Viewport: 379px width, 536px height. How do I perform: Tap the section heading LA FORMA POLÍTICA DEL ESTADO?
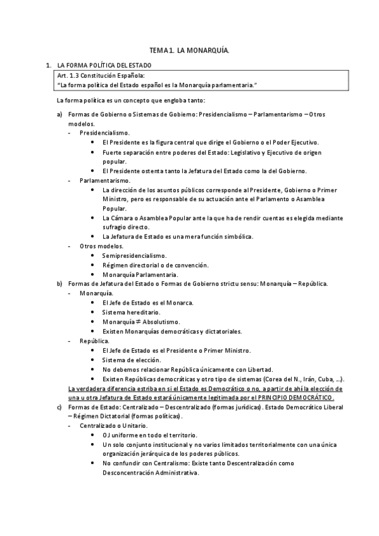(x=104, y=65)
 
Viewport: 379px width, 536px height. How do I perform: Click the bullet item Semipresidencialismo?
(x=134, y=255)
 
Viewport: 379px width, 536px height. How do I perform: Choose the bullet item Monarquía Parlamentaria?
(x=141, y=274)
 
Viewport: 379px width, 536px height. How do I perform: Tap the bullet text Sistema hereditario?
(x=131, y=312)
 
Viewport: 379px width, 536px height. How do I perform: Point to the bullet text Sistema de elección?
(x=129, y=359)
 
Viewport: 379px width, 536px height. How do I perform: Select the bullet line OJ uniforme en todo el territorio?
(x=149, y=435)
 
